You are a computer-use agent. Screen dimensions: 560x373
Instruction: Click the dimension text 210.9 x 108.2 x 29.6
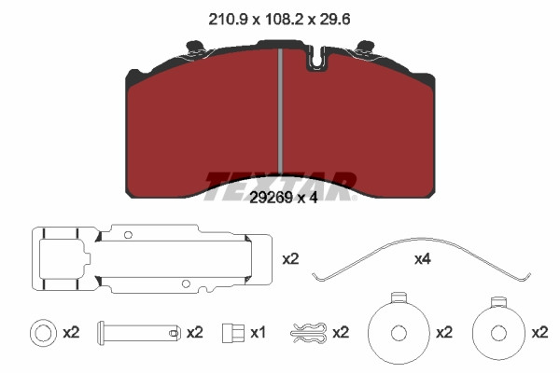(279, 19)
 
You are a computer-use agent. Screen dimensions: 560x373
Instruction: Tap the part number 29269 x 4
(283, 197)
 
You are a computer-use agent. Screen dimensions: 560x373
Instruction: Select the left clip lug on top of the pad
(195, 48)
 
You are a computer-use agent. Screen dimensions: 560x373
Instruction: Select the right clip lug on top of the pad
(366, 48)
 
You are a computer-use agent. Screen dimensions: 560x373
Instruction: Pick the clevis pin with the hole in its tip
(138, 333)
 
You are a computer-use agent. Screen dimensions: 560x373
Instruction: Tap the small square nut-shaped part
(232, 333)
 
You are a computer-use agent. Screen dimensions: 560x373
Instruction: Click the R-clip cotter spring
(308, 333)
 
